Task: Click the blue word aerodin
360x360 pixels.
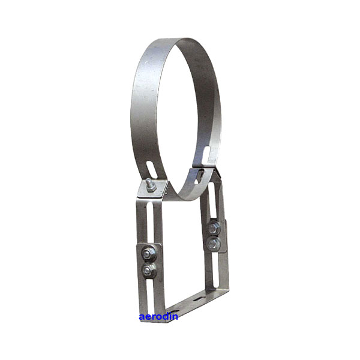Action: tap(158, 317)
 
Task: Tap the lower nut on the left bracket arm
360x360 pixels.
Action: tap(149, 270)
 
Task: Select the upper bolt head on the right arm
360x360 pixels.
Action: tap(214, 228)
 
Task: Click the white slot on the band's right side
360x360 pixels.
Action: tap(206, 155)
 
